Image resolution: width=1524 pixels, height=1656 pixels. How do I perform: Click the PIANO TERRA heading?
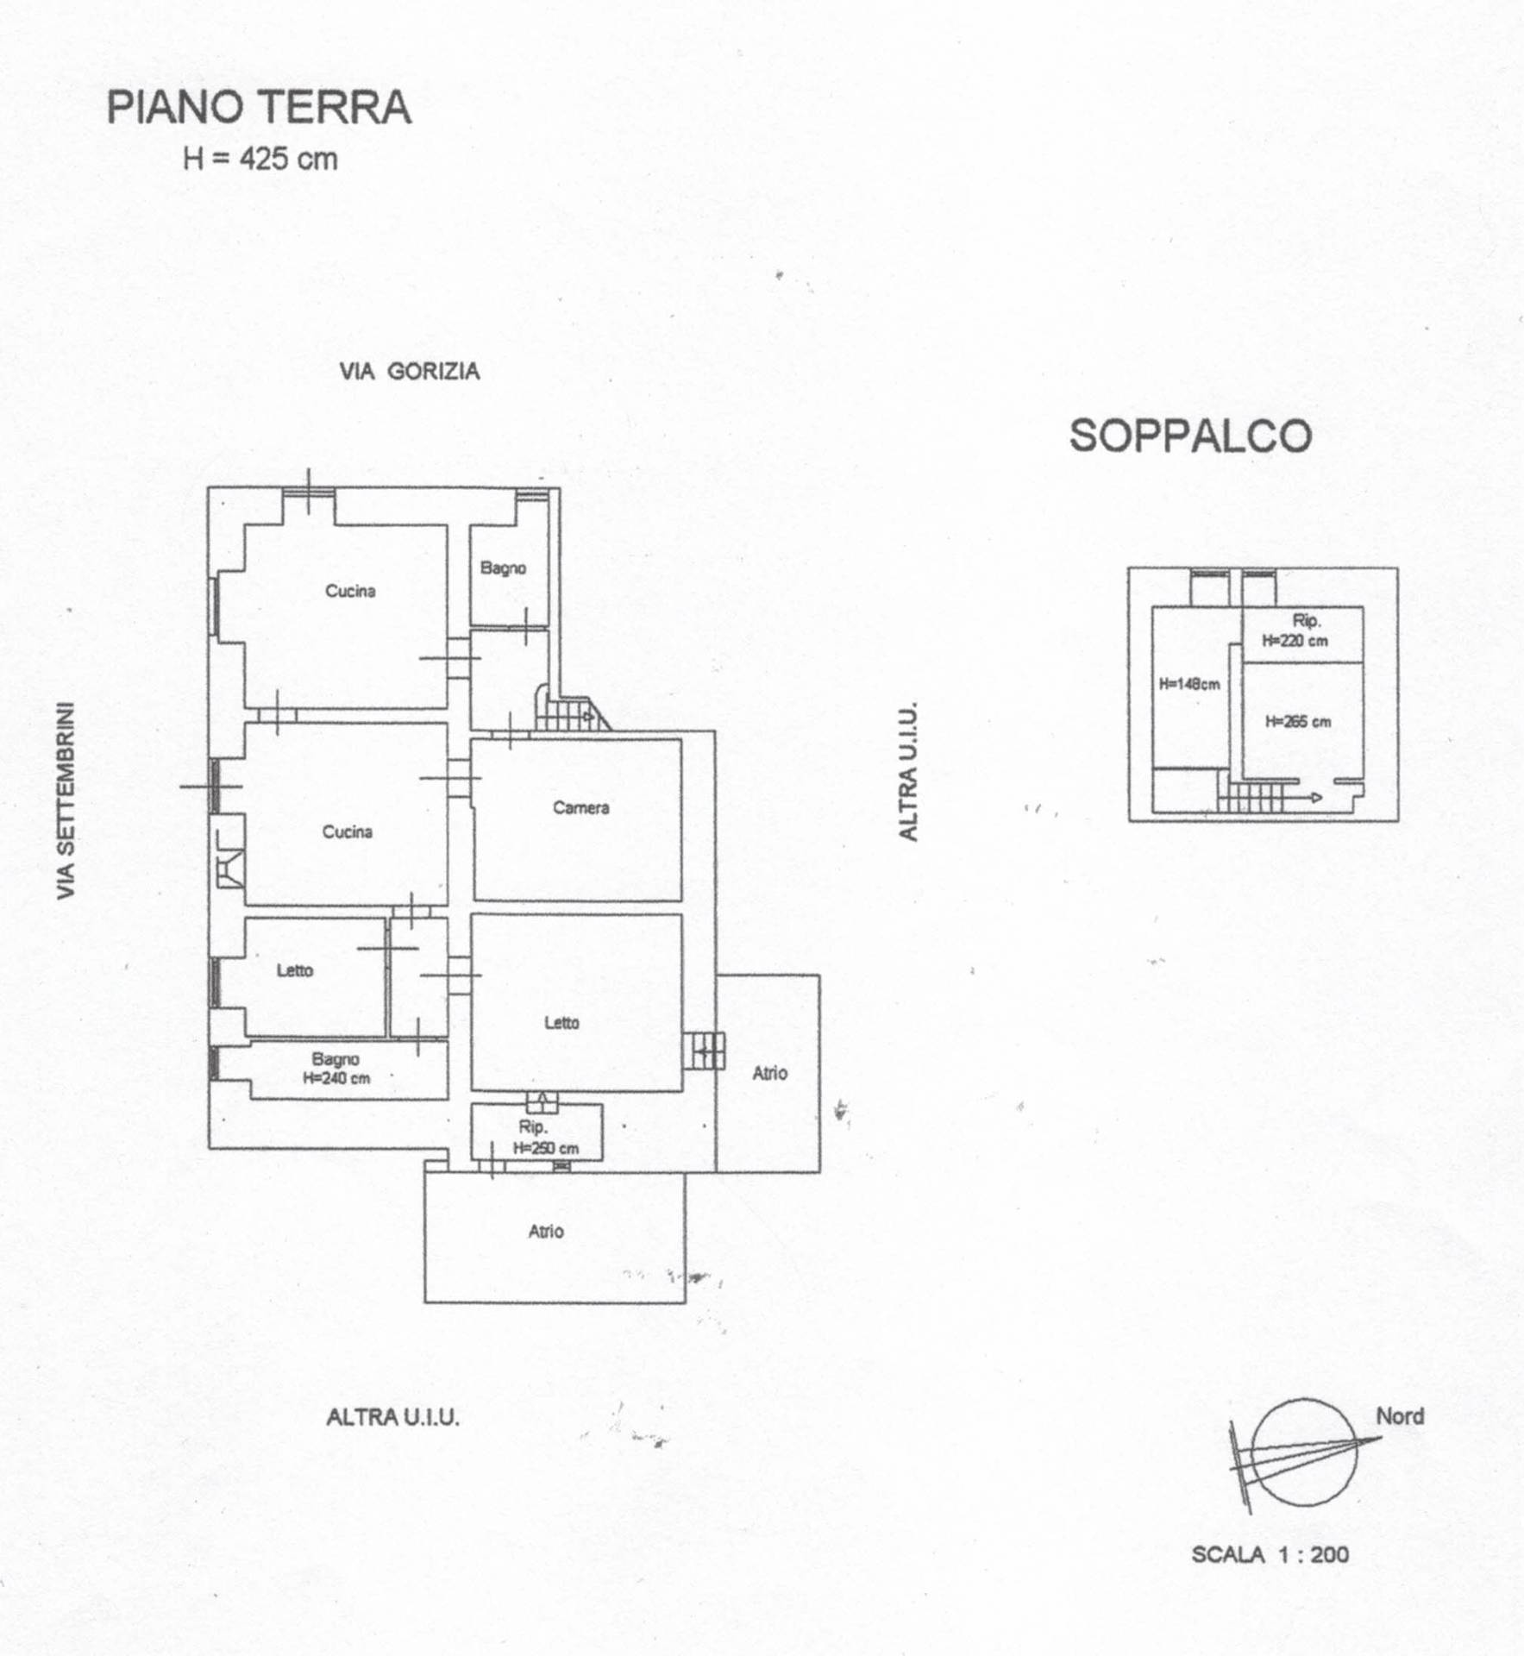coord(259,108)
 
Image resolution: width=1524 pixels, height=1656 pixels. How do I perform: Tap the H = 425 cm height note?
coord(260,159)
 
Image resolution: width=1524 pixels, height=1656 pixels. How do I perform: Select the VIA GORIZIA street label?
coord(410,371)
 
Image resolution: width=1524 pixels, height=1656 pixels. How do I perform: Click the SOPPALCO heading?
coord(1190,436)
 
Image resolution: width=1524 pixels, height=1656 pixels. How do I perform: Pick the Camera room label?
coord(581,808)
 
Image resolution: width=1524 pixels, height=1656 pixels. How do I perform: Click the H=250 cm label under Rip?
coord(546,1148)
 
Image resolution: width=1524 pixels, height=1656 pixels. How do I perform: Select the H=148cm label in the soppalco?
coord(1189,685)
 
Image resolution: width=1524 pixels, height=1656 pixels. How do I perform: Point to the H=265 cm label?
coord(1298,722)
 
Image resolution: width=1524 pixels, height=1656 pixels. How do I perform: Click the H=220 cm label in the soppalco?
coord(1295,641)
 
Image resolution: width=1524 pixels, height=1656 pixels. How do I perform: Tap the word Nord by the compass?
coord(1400,1416)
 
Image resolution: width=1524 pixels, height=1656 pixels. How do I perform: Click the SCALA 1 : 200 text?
coord(1270,1554)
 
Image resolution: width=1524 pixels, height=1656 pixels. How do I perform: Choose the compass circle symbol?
coord(1303,1452)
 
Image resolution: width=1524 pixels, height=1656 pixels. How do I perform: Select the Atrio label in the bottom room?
coord(546,1232)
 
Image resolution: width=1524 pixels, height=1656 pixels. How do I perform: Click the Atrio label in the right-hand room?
coord(770,1073)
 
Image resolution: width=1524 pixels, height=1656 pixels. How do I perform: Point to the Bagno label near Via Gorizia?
coord(504,568)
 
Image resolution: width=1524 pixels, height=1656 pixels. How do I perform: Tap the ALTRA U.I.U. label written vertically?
coord(909,772)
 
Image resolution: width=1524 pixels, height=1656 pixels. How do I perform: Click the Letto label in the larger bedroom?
coord(561,1023)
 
